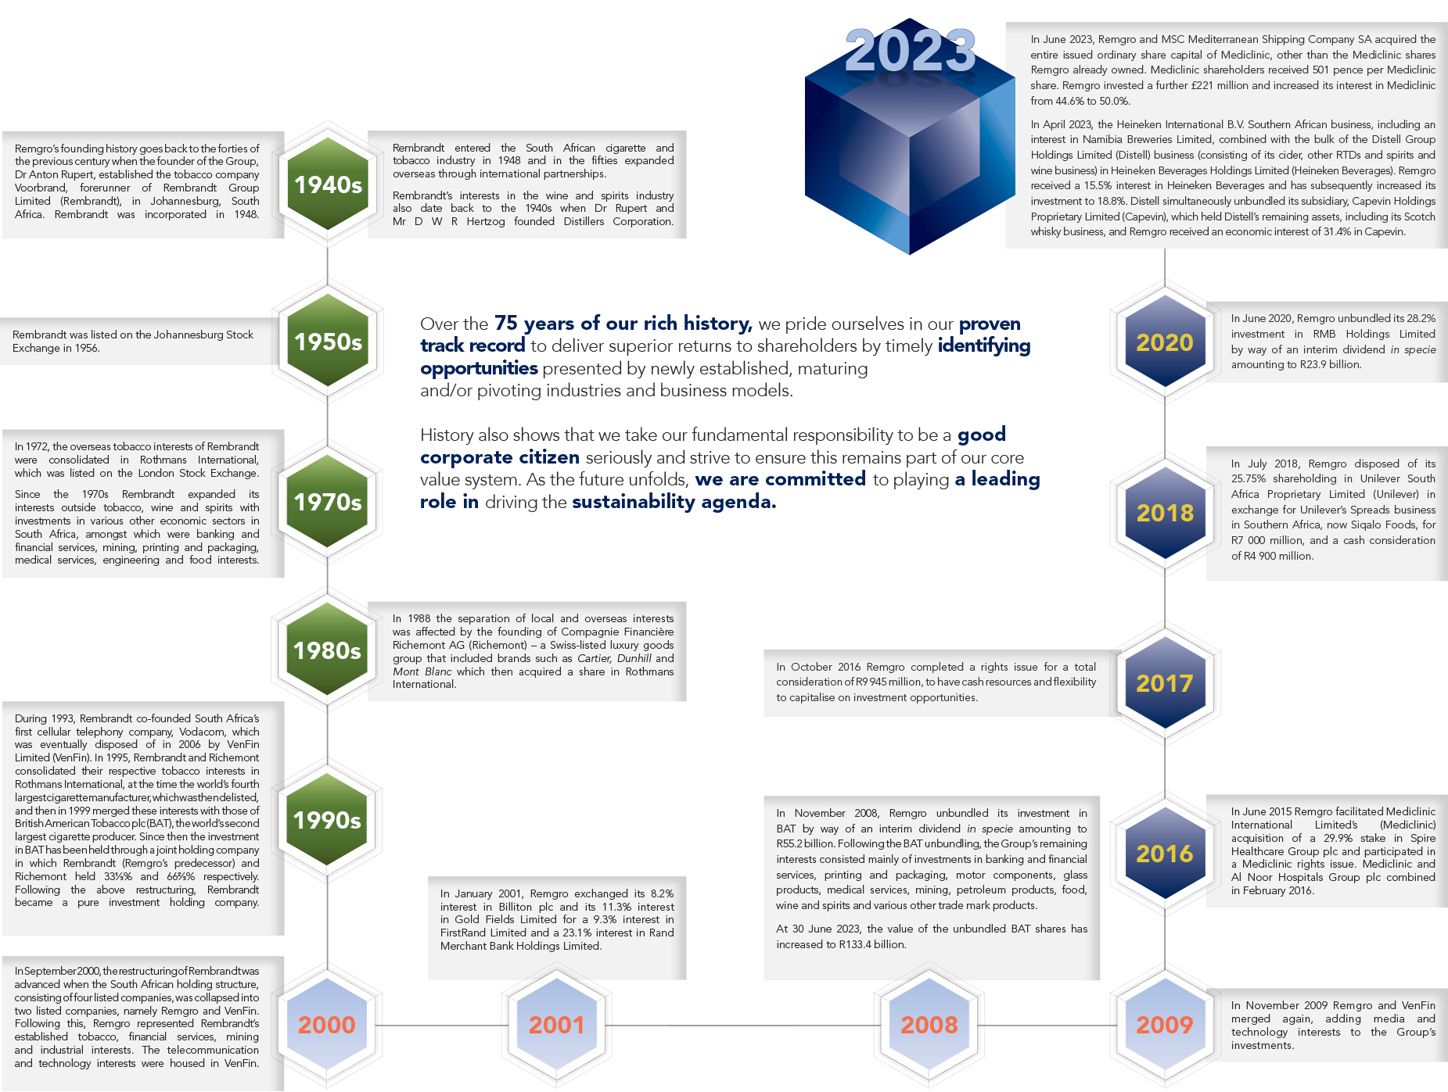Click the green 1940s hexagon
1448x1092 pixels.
[x=328, y=184]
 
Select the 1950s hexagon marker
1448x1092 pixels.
[x=328, y=342]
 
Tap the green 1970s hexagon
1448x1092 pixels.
[x=328, y=502]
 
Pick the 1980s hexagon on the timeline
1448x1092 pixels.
[x=328, y=650]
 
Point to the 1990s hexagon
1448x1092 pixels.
[x=328, y=820]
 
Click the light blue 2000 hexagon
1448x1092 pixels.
[x=327, y=1025]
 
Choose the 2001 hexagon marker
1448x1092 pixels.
[x=556, y=1025]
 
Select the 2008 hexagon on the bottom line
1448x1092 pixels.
[x=929, y=1025]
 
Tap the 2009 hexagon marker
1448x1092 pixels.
[x=1165, y=1025]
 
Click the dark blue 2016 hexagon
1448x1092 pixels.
[x=1165, y=854]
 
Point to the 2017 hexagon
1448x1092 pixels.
[x=1165, y=683]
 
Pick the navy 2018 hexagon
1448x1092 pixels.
[x=1165, y=513]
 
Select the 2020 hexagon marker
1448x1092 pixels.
[x=1165, y=342]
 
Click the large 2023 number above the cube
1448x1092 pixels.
[x=910, y=51]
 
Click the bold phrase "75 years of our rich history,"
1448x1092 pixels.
[x=623, y=324]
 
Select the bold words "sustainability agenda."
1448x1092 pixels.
[x=674, y=502]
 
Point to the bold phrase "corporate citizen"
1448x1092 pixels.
[x=500, y=457]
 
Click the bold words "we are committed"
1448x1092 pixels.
[x=781, y=479]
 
